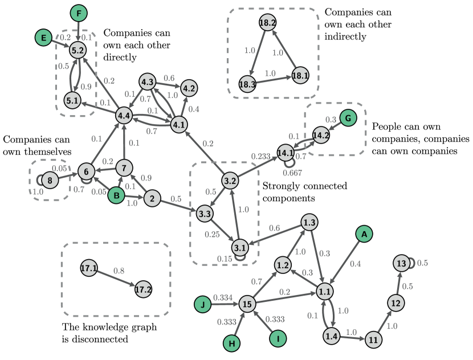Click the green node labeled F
coord(79,13)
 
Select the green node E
coord(43,38)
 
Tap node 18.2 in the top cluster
coord(267,23)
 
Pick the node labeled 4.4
coord(124,116)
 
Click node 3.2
coord(230,181)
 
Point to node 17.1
coord(89,268)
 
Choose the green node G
coord(348,118)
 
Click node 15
coord(247,304)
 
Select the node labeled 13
coord(401,263)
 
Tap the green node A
coord(364,234)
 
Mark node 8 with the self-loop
coord(50,181)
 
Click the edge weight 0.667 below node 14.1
coord(292,173)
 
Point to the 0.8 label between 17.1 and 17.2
coord(119,271)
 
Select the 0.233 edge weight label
coord(261,156)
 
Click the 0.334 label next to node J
coord(222,297)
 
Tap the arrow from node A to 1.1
coord(345,261)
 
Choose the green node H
coord(231,343)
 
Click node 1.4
coord(331,336)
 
